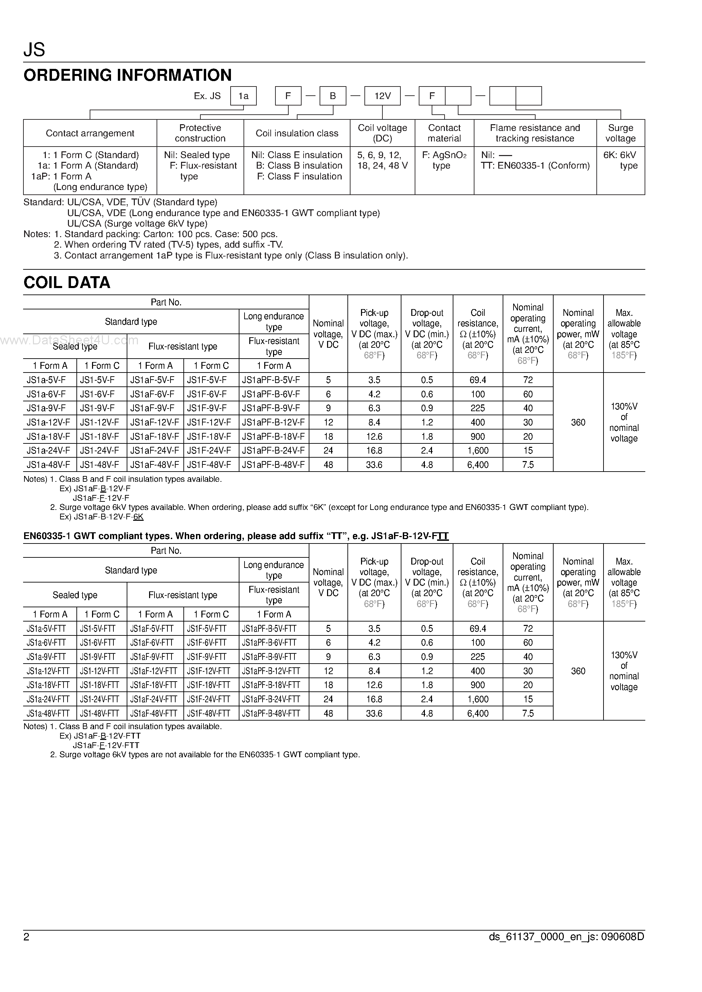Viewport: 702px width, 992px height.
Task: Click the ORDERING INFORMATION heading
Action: pos(128,75)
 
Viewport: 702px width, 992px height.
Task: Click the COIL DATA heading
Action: pos(67,283)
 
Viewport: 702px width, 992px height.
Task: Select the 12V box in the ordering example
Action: pos(382,96)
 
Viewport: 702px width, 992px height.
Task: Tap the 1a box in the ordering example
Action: pos(243,96)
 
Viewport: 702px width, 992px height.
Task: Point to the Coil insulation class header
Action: pos(297,133)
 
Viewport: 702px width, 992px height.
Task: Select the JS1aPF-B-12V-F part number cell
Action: pos(273,422)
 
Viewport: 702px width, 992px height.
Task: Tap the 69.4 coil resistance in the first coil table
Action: pos(478,380)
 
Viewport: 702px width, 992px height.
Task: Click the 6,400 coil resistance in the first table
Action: pos(478,465)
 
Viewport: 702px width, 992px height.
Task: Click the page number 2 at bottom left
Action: pos(26,937)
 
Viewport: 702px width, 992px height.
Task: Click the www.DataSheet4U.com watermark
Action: pos(69,341)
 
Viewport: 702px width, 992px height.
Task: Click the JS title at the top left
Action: pos(34,50)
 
